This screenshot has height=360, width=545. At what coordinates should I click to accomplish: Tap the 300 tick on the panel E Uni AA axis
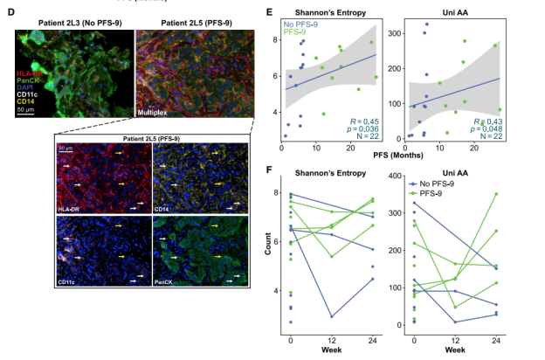tap(397, 32)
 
